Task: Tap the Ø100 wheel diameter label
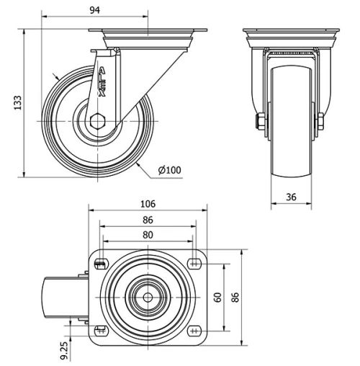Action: click(170, 170)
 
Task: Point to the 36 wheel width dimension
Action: click(290, 195)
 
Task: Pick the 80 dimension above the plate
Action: click(148, 234)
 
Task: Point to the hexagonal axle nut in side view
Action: click(98, 120)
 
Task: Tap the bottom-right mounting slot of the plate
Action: click(194, 331)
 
